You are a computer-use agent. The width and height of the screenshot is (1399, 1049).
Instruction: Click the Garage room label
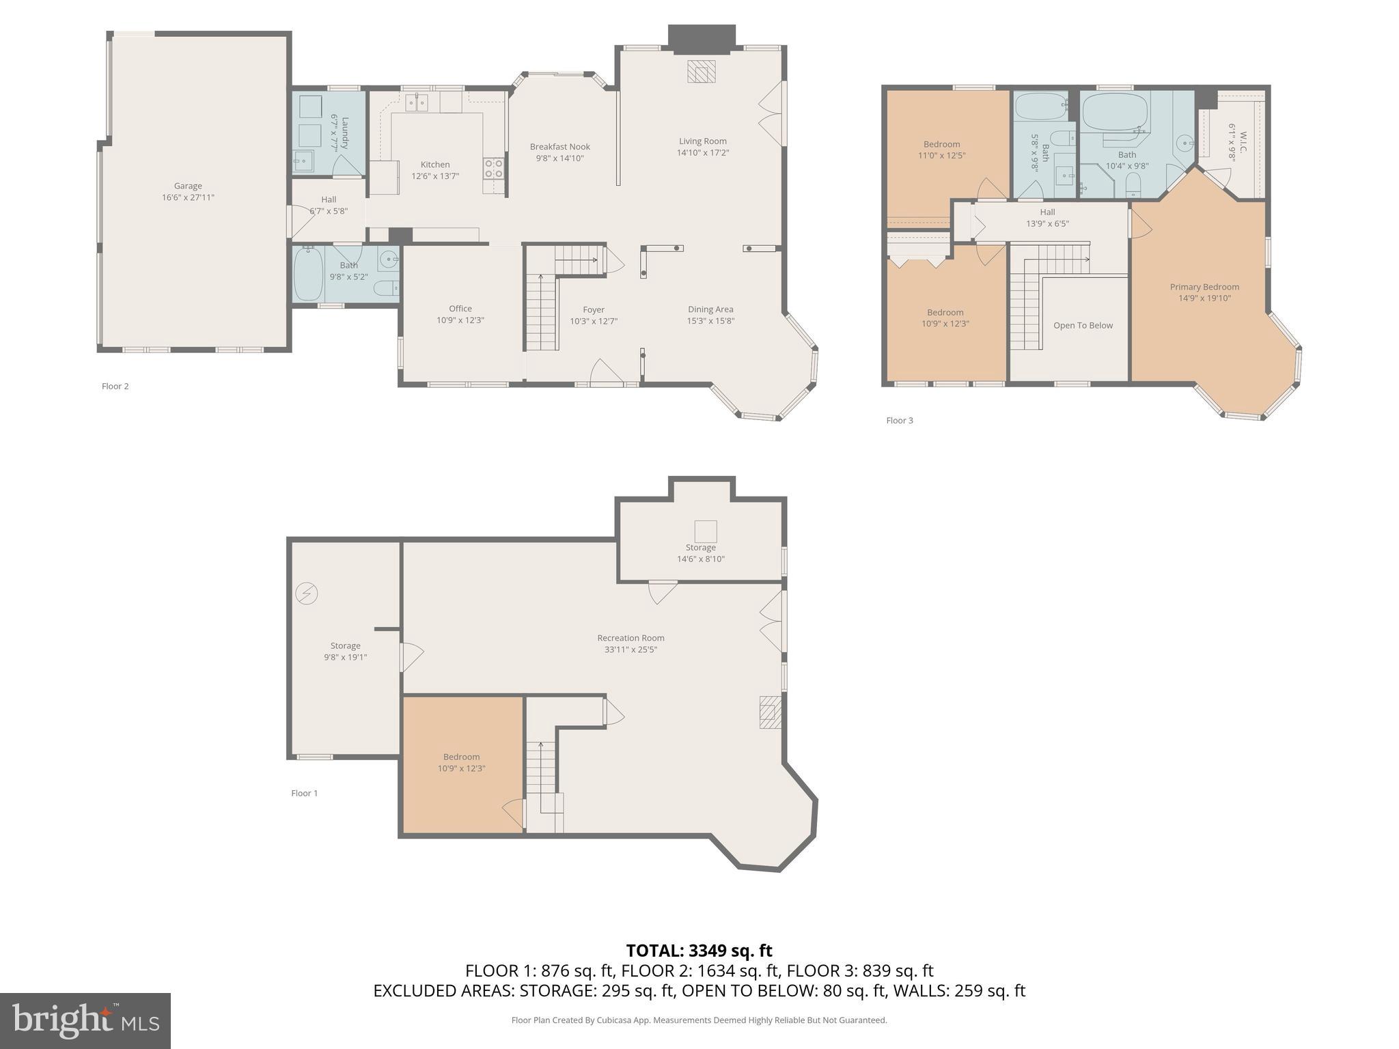pos(188,186)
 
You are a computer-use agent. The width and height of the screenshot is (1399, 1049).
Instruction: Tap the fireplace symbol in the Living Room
pos(701,71)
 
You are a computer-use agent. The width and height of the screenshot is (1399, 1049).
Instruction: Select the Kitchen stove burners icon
pos(493,168)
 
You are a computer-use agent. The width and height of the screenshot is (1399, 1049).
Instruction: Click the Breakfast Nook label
pos(559,147)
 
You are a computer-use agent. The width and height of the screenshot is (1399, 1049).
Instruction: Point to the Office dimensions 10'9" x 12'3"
pos(460,320)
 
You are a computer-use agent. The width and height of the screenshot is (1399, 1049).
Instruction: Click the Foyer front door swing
pos(605,372)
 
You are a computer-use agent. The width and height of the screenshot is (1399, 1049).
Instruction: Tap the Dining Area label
pos(710,309)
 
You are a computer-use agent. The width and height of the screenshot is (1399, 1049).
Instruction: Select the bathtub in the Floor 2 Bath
pos(308,274)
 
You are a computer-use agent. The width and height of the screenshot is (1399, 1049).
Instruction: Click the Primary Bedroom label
pos(1204,287)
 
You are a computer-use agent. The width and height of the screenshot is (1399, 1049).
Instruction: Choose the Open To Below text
pos(1083,326)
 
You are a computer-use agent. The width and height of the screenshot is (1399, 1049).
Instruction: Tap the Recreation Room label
pos(631,638)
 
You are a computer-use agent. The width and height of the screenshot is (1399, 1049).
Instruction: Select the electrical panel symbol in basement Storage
pos(306,593)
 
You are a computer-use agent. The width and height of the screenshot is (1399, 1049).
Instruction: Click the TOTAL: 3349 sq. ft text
pos(699,951)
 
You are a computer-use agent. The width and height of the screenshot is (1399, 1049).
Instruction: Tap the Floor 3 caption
pos(899,421)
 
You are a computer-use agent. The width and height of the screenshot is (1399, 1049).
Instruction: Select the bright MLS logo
pos(85,1020)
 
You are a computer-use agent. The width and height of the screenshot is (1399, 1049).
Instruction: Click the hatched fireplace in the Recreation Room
pos(770,712)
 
